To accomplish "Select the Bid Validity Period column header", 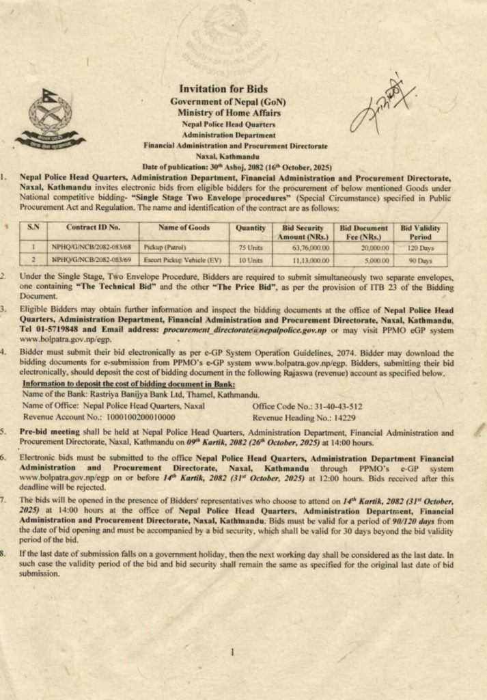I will [421, 231].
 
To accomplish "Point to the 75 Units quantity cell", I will [250, 247].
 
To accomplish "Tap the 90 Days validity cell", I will [421, 260].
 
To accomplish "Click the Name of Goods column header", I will [184, 227].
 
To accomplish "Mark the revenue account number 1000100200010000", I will [127, 416].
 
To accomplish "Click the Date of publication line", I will [236, 167].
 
